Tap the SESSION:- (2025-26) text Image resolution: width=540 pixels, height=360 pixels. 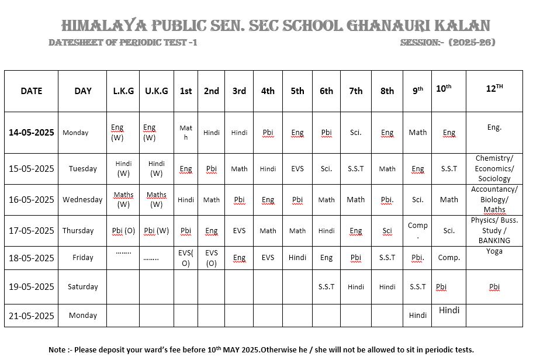coord(448,43)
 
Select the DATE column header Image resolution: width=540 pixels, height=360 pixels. coord(32,91)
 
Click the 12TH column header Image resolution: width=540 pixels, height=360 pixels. coord(494,89)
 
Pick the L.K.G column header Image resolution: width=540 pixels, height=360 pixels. coord(123,91)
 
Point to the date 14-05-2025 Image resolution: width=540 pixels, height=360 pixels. coord(32,133)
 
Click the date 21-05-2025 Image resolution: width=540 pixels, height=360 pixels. coord(32,316)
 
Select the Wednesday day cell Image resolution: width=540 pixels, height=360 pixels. coord(82,199)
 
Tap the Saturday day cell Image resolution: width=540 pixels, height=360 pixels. coord(82,286)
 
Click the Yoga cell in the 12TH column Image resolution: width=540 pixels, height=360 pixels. coord(494,251)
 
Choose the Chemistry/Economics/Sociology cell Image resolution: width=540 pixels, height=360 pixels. coord(494,168)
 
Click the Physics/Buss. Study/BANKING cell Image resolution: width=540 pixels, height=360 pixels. coord(494,230)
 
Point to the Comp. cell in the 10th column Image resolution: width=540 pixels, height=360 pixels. coord(449,257)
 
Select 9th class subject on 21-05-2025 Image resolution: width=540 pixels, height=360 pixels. coord(417,316)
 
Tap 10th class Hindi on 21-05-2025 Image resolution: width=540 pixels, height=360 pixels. coord(449,310)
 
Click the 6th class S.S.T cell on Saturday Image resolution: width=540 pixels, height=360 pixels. coord(326,286)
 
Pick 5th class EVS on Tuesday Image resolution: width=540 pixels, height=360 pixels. coord(297,168)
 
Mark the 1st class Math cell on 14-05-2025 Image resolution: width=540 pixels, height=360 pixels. coord(186,133)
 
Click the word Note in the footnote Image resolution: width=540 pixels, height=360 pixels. coord(57,349)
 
